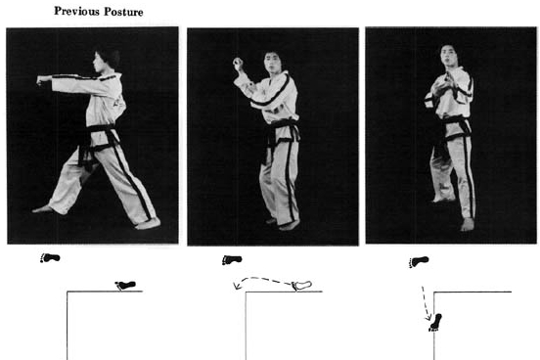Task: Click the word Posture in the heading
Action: pos(123,12)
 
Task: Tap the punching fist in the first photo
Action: pos(43,80)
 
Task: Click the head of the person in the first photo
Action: pos(107,60)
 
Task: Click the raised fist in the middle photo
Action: pos(238,63)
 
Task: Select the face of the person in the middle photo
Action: pos(273,63)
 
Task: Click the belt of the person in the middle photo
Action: pos(282,132)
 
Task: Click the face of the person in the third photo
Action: pos(449,57)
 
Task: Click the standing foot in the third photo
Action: pos(468,225)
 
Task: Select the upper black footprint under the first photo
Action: pos(50,257)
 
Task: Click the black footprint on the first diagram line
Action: pos(125,286)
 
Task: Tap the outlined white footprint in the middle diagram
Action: pos(301,286)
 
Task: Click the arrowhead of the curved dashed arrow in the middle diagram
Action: pos(237,286)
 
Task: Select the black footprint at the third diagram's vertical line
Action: pos(435,323)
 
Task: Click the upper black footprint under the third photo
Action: pos(419,262)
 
